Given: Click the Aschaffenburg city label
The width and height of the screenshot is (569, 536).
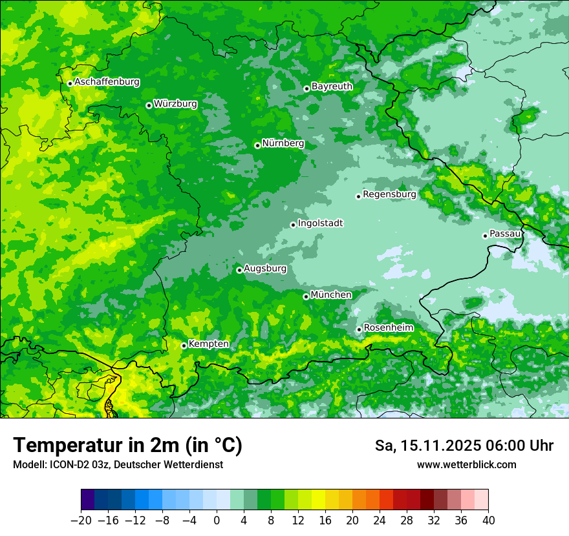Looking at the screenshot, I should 107,82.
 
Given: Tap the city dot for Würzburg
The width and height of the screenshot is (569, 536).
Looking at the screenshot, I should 149,105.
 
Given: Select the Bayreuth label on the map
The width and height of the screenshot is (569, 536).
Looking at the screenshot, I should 332,86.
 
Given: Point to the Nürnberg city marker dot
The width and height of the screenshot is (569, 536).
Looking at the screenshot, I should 257,145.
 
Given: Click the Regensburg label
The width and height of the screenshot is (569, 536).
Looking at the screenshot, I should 389,194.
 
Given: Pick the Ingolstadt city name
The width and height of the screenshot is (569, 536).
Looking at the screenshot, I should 320,223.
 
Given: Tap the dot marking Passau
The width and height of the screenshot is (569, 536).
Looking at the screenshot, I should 485,236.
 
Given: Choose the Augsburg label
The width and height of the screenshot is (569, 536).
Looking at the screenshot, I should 264,268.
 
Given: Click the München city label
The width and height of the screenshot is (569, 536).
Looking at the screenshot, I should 331,294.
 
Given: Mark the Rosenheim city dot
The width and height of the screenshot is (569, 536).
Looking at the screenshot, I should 359,329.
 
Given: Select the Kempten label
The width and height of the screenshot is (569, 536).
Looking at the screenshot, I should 208,344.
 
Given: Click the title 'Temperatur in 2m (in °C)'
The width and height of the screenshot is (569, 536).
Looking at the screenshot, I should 127,446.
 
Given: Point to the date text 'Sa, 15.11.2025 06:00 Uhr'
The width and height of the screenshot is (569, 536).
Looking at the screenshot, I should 464,446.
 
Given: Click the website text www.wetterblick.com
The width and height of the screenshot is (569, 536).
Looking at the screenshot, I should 466,464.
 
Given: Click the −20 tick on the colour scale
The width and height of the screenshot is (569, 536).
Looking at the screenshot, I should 81,521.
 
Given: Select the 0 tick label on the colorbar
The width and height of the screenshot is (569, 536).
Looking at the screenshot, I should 217,521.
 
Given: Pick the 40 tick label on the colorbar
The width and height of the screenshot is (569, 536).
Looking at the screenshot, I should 488,521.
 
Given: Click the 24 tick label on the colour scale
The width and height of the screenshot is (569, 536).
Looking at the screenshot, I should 380,521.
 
